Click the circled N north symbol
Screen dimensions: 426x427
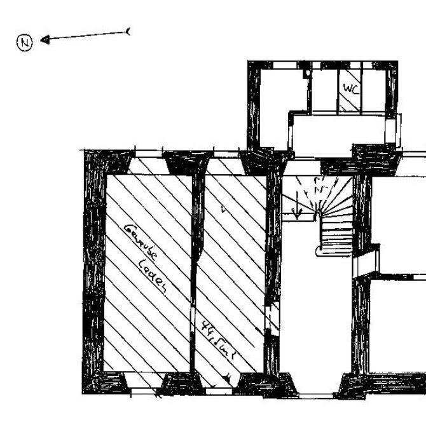[24, 43]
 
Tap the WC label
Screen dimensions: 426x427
[351, 89]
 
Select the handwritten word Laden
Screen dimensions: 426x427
[153, 278]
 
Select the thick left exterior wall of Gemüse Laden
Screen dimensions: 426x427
[93, 273]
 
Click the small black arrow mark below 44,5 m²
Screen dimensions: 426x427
[226, 379]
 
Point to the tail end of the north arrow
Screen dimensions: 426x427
[129, 30]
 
